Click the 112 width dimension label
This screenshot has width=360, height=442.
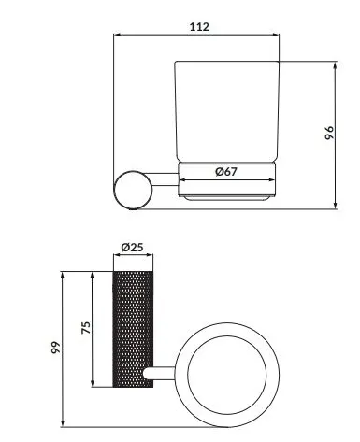pyautogui.click(x=197, y=26)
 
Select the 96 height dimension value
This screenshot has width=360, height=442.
pyautogui.click(x=328, y=133)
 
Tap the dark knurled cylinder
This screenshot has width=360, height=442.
pyautogui.click(x=132, y=329)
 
